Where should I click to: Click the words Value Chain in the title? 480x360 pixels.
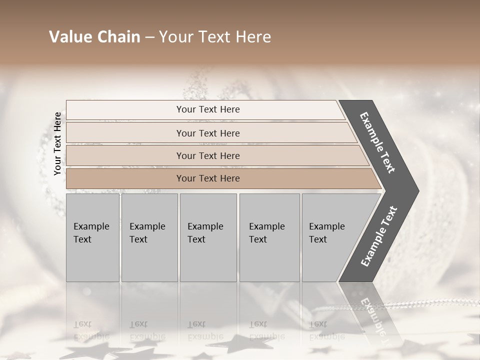coord(94,37)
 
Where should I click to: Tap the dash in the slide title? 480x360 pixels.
coord(149,37)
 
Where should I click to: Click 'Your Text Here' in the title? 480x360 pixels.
coord(215,37)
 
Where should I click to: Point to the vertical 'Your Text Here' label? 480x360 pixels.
coord(58,143)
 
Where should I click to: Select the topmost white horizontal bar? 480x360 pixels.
coord(208,109)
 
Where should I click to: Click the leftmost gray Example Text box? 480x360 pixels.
coord(92,237)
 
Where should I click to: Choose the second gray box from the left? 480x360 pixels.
coord(149,237)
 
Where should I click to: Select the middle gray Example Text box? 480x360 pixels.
coord(208,237)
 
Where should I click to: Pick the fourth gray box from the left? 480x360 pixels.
coord(269,237)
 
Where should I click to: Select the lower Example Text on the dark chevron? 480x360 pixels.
coord(378,236)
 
